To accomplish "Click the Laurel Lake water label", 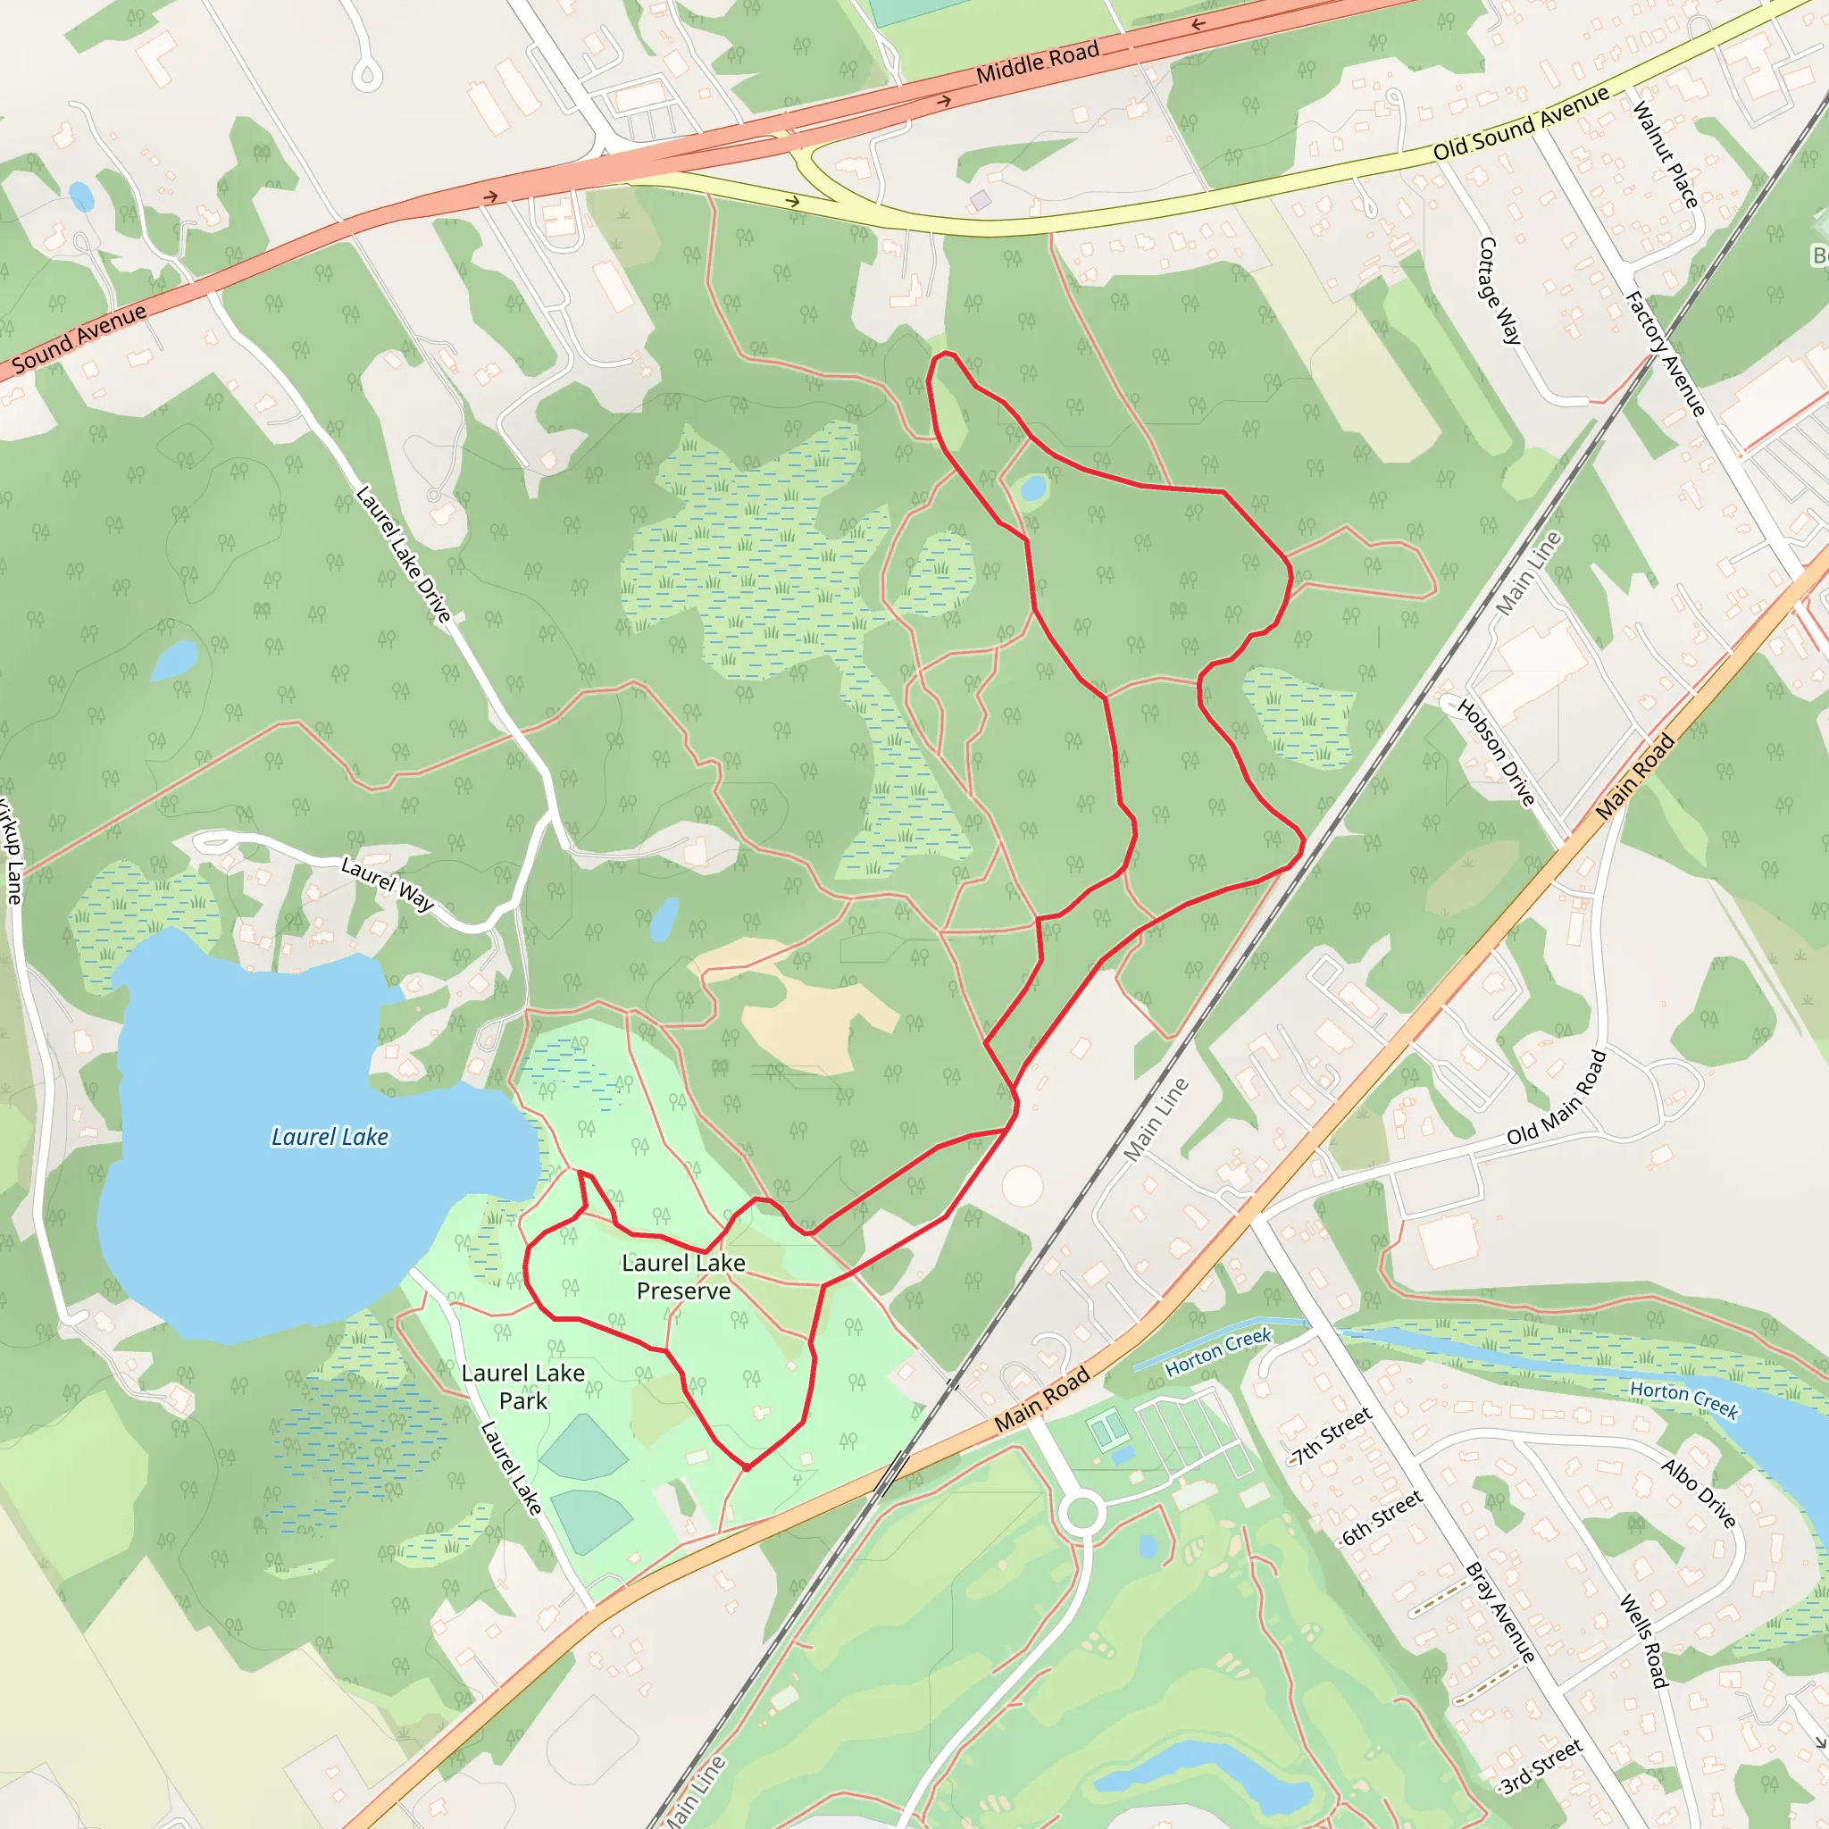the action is click(330, 1136).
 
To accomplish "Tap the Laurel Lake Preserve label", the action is click(683, 1276).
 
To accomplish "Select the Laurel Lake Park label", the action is click(522, 1386).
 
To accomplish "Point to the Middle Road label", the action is click(1038, 61).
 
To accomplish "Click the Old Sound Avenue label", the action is click(1520, 123).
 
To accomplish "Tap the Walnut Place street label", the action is click(1665, 155).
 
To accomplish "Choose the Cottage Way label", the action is click(1499, 289).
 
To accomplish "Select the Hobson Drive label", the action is click(1496, 753).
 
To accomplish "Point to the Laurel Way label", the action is click(388, 883).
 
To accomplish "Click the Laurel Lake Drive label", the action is click(404, 554).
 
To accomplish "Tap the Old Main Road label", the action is click(1557, 1098).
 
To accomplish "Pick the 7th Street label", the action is click(1332, 1436).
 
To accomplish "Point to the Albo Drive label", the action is click(1700, 1494).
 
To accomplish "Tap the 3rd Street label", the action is click(1541, 1765).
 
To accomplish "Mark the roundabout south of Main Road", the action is click(1082, 1512).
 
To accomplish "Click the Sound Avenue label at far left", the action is click(79, 337).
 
